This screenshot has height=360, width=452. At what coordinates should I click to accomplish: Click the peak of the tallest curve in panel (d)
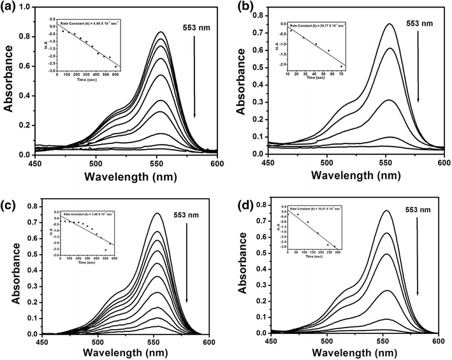353,211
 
